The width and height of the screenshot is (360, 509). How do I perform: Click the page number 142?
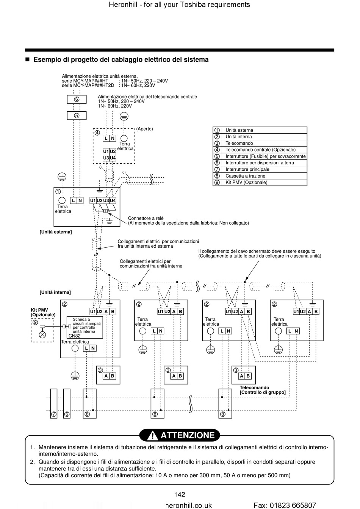coord(180,494)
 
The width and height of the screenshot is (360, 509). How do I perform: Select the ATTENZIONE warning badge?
coord(180,435)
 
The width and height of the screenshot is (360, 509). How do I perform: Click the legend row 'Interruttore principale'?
coord(260,169)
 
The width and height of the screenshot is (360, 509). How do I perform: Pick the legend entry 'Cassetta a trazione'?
coord(260,176)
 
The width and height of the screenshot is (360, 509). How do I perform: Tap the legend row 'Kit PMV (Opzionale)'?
coord(260,183)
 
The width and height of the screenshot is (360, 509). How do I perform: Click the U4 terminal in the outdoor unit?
coord(113,200)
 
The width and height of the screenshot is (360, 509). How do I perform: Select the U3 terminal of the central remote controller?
coord(106,158)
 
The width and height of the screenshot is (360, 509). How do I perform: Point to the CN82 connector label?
coord(74,336)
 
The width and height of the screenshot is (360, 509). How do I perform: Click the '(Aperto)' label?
coord(145,129)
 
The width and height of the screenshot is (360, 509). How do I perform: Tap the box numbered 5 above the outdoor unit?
coord(77,116)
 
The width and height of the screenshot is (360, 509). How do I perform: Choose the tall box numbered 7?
coord(54,403)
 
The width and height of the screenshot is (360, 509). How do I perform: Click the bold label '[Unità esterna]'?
coord(56,232)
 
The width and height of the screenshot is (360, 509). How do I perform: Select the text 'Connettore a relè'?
coord(146,218)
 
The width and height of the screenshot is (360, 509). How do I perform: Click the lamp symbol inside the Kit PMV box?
coord(42,334)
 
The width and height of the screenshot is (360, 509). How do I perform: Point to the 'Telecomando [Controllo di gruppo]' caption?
coord(263,390)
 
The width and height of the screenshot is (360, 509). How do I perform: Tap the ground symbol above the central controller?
coord(124,116)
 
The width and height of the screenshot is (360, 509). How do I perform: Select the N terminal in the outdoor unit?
coord(80,200)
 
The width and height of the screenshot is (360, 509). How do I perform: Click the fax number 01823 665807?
coord(293,505)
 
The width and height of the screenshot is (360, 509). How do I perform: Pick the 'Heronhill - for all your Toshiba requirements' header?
coord(179,5)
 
